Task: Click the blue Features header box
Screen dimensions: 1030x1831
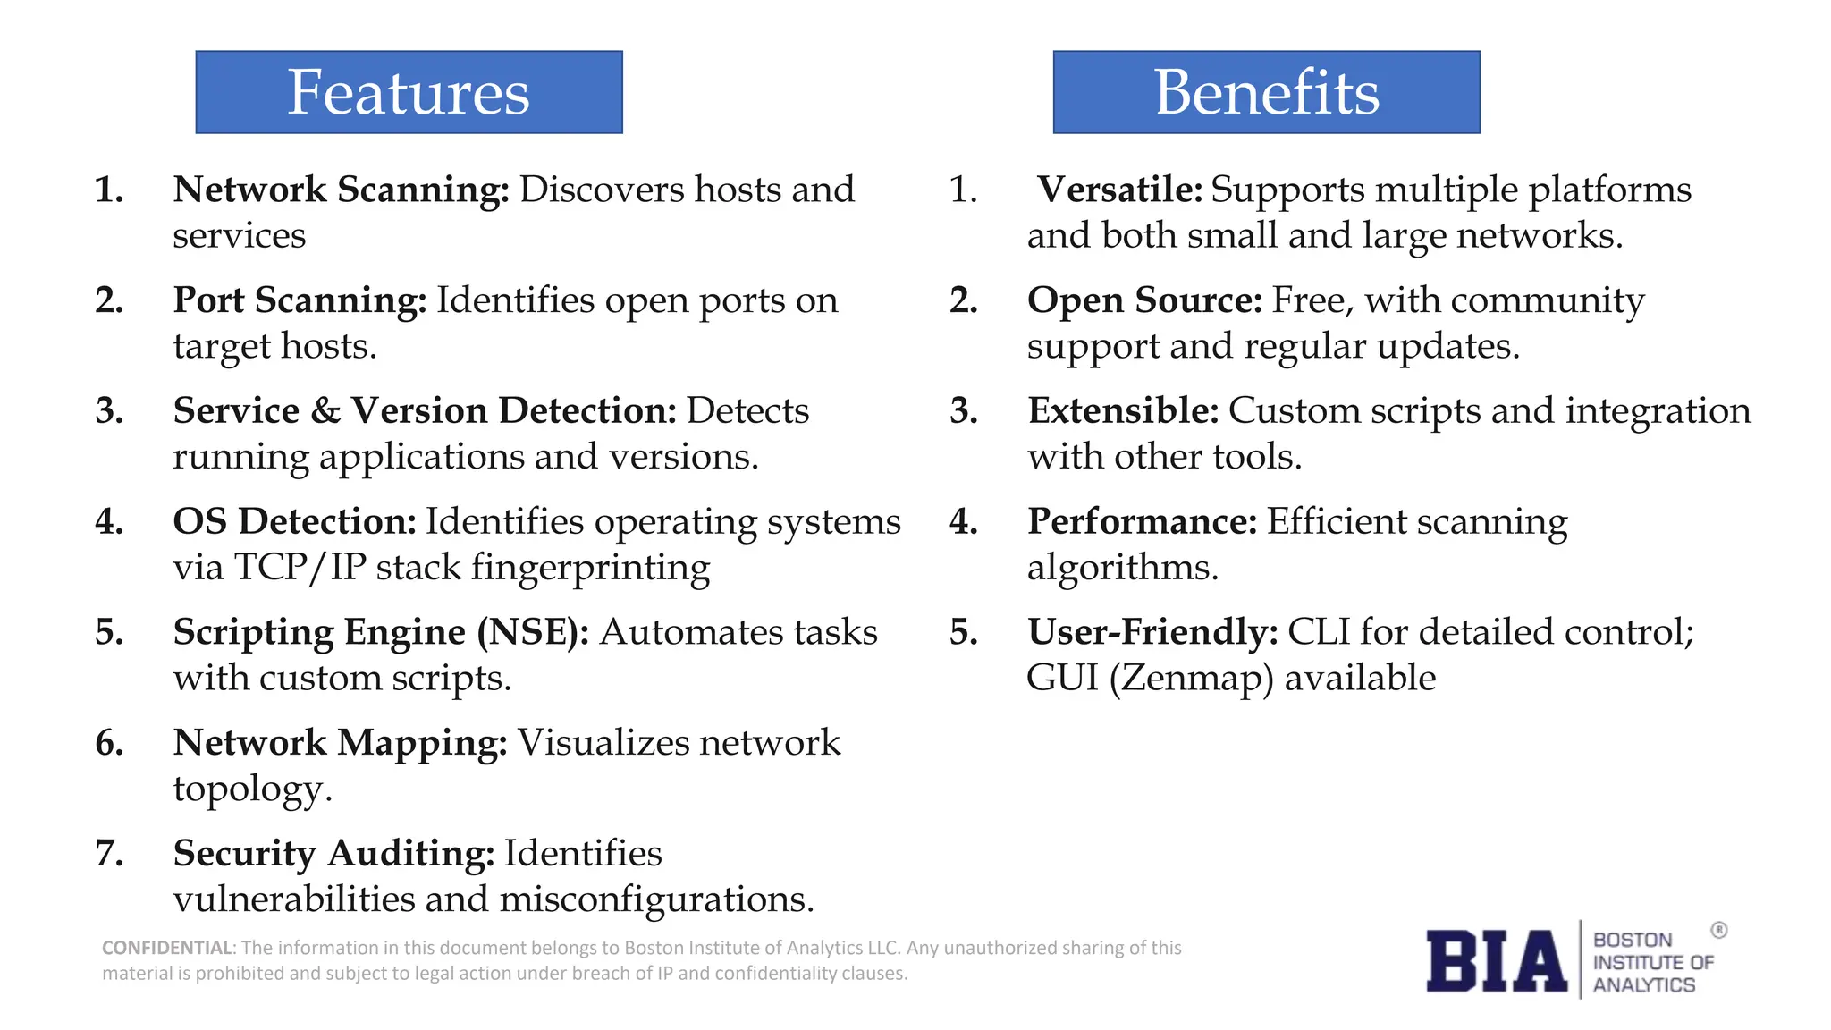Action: click(x=409, y=92)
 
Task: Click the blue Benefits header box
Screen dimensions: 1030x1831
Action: click(x=1266, y=92)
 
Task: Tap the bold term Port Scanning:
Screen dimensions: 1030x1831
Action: click(x=300, y=300)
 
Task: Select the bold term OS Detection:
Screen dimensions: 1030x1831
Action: click(x=294, y=521)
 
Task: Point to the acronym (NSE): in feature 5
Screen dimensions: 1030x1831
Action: click(x=533, y=632)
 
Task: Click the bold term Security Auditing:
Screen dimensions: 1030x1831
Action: click(x=333, y=853)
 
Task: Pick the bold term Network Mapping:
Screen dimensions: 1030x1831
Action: click(x=340, y=743)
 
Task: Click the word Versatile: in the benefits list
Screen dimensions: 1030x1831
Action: click(x=1119, y=190)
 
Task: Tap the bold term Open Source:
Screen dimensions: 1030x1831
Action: click(x=1144, y=300)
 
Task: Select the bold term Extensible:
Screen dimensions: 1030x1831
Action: click(x=1123, y=410)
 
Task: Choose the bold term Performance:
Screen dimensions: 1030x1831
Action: click(x=1142, y=521)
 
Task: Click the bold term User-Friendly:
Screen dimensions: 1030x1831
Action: click(x=1152, y=632)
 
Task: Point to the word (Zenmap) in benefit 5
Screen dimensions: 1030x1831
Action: click(x=1191, y=679)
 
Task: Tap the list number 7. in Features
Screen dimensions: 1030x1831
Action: click(x=109, y=853)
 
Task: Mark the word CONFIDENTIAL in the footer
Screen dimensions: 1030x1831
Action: click(x=167, y=948)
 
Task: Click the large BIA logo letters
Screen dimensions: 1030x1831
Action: click(x=1496, y=961)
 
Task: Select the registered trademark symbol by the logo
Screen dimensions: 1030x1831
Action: click(x=1718, y=930)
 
